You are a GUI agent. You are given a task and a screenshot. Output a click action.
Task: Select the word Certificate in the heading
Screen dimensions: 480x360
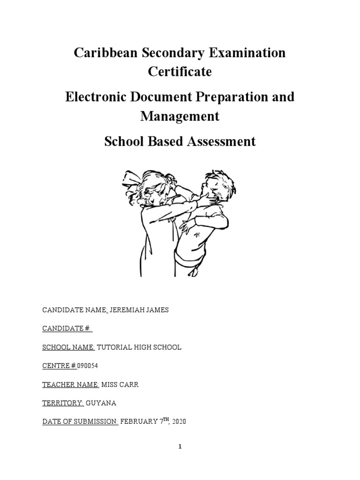point(180,72)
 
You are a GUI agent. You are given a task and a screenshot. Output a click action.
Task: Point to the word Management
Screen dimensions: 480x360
point(180,116)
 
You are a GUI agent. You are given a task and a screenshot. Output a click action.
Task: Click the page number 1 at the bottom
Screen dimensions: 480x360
point(180,447)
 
